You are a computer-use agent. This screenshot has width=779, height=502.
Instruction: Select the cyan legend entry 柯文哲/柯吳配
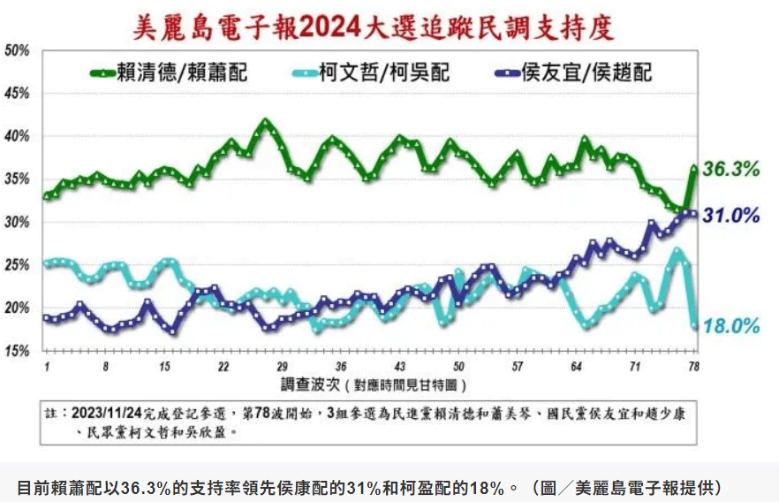pos(384,72)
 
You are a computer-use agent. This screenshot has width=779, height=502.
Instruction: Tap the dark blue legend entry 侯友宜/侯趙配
pos(587,72)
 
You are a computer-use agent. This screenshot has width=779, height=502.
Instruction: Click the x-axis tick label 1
pos(45,366)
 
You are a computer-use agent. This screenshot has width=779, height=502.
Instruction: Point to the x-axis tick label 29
pos(282,366)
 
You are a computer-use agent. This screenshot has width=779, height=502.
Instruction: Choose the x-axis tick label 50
pos(458,366)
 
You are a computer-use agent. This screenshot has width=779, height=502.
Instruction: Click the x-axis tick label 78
pos(694,366)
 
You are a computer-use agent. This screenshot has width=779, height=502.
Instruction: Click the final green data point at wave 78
pos(694,168)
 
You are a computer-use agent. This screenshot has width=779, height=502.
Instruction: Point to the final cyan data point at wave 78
pos(694,325)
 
